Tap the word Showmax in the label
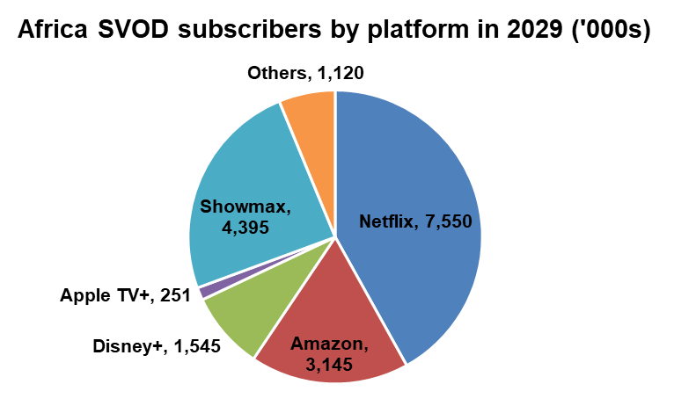tap(240, 208)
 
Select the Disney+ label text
tap(128, 347)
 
